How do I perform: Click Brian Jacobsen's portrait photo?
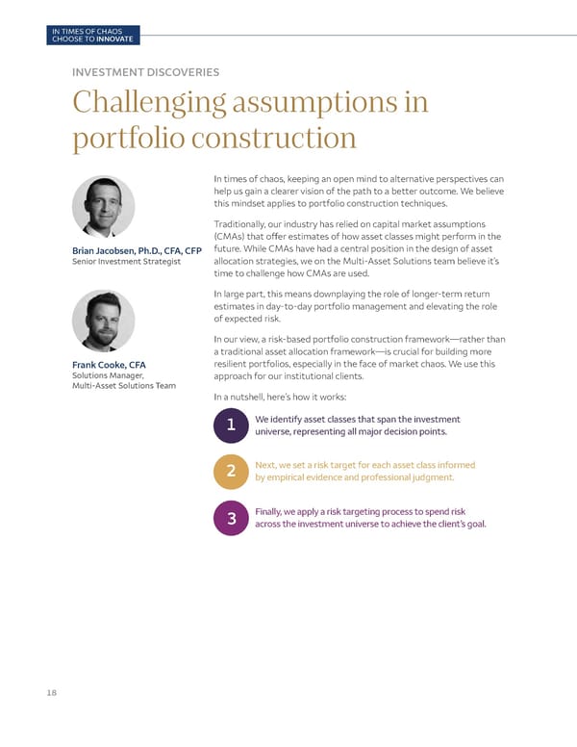click(x=103, y=207)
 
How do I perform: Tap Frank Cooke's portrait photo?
click(x=103, y=322)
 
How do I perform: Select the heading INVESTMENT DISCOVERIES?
click(x=145, y=71)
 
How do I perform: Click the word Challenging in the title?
click(x=145, y=102)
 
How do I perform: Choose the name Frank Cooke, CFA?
click(x=109, y=364)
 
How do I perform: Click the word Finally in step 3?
click(x=271, y=511)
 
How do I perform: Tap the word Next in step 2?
click(x=266, y=465)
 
